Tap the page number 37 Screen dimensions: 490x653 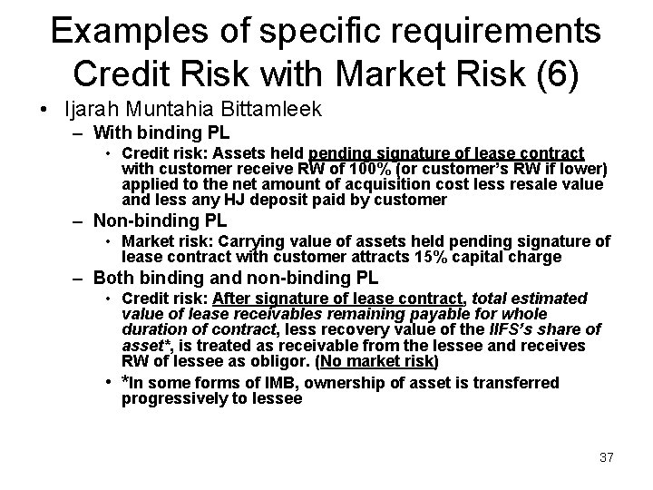pyautogui.click(x=606, y=457)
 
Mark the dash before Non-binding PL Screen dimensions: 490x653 pyautogui.click(x=80, y=220)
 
